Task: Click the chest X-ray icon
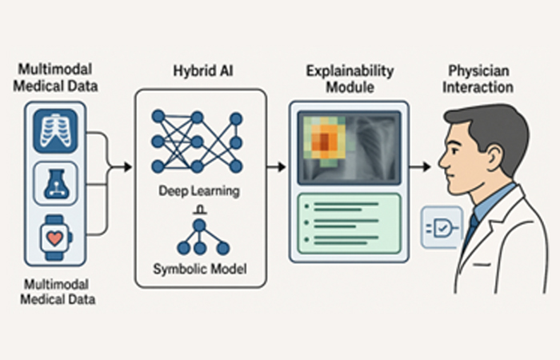[54, 129]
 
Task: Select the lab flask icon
[54, 182]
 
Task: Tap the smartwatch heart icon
[54, 237]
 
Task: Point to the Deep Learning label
[199, 192]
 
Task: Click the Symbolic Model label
[199, 270]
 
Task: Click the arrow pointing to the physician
[419, 167]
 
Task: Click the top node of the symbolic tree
[199, 225]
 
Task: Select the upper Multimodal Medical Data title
[54, 78]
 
